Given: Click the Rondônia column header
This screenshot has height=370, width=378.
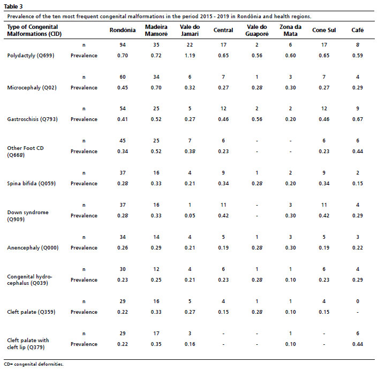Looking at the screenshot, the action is point(123,30).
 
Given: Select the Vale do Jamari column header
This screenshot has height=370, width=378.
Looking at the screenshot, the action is point(190,30).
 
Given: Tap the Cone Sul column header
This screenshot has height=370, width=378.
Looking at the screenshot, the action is point(324,30).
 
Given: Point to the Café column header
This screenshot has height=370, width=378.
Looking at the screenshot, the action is point(358,30).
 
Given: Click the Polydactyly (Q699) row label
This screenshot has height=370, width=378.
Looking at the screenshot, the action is point(31,56).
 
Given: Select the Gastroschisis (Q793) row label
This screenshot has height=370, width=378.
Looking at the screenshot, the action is point(32,119).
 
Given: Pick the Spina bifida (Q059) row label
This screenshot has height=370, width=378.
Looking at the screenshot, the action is point(32,184).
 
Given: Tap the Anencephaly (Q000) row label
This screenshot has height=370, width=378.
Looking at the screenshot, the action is point(33,248).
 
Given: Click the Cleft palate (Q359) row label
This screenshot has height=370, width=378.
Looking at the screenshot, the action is point(31,312).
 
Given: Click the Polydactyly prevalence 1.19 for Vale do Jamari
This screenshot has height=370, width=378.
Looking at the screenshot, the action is point(190,56).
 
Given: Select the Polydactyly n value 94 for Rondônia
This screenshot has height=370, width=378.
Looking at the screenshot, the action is point(123,45).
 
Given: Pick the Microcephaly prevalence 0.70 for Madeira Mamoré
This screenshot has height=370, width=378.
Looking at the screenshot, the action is point(156,87).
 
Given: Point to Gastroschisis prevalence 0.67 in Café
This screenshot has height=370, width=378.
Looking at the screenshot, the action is point(358,119).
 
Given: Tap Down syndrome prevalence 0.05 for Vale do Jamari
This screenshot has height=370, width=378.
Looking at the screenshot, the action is point(190,215).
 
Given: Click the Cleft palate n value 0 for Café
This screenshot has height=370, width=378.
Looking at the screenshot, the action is point(358,301).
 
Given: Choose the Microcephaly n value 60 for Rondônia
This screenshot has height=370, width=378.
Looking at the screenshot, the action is point(123,77).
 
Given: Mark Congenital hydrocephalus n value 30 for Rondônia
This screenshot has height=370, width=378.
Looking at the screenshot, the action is point(123,269).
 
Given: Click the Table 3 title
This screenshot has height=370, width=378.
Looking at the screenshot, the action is point(13,6).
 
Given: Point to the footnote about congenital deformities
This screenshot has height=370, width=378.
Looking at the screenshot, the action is point(34,364).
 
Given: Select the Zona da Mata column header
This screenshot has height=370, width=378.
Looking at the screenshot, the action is point(291,30).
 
